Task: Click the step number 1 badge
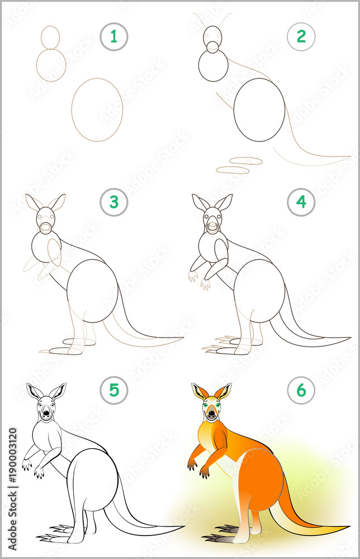[114, 37]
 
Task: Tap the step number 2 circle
[301, 37]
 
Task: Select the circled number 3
[114, 202]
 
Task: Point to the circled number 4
[301, 202]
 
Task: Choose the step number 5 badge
[114, 390]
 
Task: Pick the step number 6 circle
[301, 390]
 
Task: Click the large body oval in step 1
[97, 110]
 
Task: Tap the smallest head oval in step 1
[50, 37]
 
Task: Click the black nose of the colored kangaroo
[211, 415]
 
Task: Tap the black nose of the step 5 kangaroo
[45, 415]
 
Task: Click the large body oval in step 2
[259, 110]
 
